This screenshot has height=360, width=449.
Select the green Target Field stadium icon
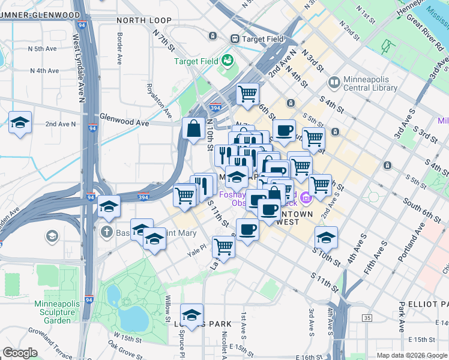click(228, 60)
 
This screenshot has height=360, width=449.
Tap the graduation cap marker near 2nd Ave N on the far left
click(20, 124)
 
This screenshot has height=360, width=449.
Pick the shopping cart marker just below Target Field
click(247, 94)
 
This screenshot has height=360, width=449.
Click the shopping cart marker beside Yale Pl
click(223, 246)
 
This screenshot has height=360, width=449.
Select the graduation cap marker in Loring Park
click(191, 315)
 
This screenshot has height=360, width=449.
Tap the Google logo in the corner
click(20, 353)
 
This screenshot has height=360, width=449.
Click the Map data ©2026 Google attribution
click(411, 355)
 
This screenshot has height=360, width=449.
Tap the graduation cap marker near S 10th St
click(326, 238)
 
